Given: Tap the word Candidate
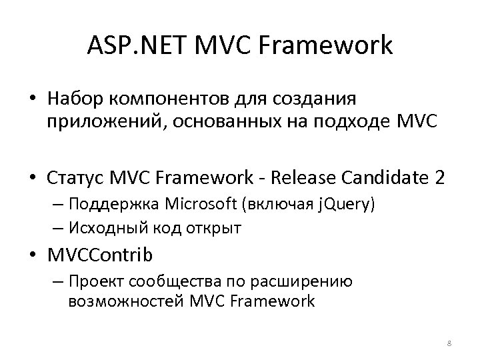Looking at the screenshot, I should [381, 179].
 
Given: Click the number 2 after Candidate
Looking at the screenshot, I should [439, 179].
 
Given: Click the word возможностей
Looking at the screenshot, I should [116, 301].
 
